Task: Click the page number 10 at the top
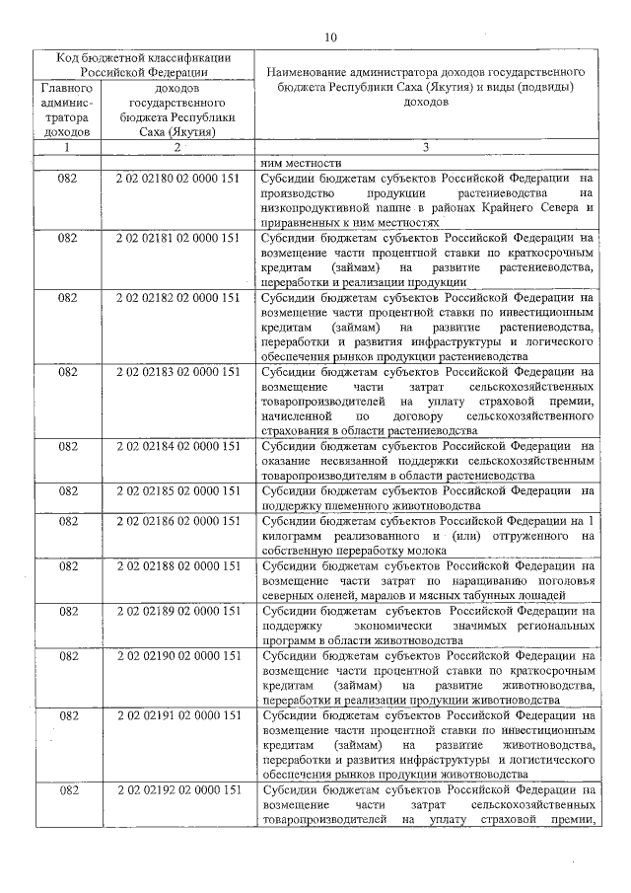tap(330, 37)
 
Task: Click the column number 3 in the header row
tap(424, 148)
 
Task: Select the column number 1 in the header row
tap(67, 148)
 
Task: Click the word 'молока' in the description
tap(421, 551)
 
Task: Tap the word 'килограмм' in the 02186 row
tap(290, 536)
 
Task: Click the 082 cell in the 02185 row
tap(67, 490)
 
